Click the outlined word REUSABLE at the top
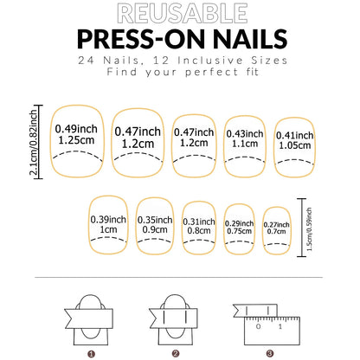180,13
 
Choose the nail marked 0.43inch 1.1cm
245,139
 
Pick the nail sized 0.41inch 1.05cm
295,139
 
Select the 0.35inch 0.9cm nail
156,225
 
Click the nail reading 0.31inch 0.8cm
200,227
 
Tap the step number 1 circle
91,353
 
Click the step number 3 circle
269,353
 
